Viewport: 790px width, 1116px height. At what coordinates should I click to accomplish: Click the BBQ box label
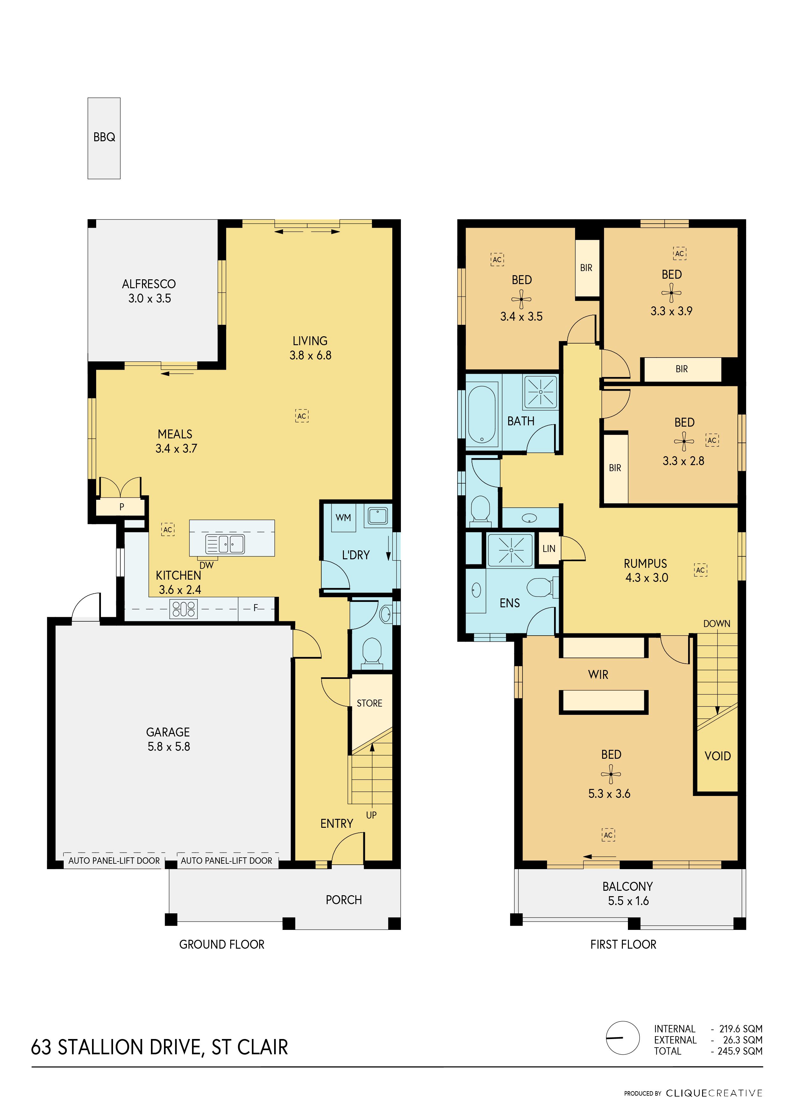point(104,137)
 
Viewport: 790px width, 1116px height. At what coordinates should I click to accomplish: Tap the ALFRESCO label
point(149,284)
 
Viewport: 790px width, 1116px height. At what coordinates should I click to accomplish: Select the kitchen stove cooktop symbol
point(184,609)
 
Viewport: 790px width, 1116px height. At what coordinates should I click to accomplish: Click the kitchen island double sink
point(225,544)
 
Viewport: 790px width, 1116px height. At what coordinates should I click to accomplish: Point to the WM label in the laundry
point(344,518)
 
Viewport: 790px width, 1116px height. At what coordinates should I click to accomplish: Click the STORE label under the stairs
point(370,703)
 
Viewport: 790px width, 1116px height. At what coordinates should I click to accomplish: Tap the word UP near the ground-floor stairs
point(371,815)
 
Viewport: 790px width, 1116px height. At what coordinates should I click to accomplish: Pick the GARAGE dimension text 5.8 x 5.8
point(169,747)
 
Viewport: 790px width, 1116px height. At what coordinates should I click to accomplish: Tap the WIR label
point(598,675)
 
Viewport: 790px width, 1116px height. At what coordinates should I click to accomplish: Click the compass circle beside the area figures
point(623,1038)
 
